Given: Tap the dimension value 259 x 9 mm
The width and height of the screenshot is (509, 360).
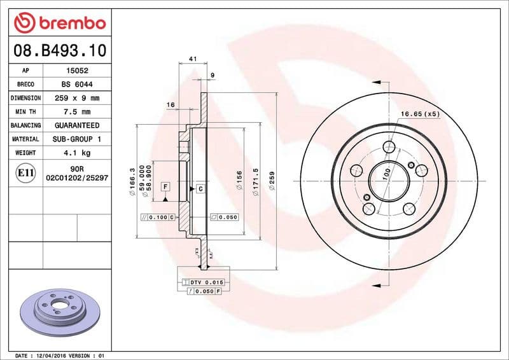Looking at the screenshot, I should pos(76,99).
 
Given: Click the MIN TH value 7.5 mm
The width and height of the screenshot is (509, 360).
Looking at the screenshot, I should pos(76,112).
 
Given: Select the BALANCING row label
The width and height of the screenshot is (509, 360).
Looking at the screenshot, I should pos(25,126).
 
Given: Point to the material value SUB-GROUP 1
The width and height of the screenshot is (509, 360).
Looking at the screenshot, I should pos(76,139).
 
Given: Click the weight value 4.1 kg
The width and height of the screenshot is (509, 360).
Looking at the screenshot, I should pos(76,153).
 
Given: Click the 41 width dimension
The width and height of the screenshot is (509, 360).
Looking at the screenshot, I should pos(192,59).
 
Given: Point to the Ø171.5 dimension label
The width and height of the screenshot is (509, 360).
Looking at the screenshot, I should pos(256,183).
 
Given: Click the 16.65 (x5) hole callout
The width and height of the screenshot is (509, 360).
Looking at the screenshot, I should pos(420,114).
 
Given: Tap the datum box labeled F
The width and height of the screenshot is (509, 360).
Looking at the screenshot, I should pos(165,187).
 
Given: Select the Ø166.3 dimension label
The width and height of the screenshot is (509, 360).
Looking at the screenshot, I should pos(132,183).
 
